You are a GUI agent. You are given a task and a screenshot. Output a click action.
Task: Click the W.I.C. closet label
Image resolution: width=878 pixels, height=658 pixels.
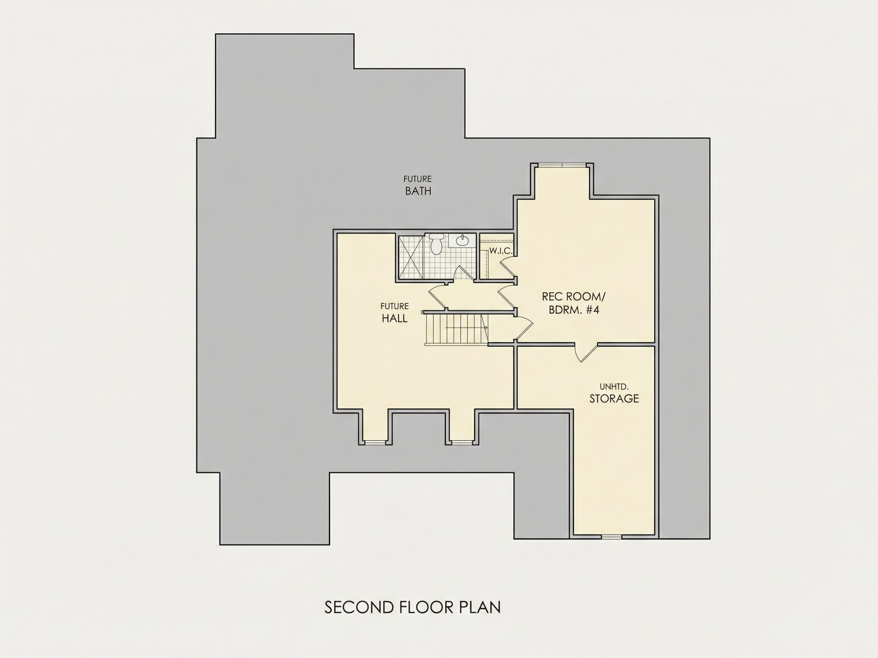click(500, 251)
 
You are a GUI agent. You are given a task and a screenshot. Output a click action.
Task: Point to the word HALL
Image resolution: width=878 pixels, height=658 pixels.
click(394, 318)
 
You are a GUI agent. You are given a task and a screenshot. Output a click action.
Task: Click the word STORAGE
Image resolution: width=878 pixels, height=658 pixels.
click(614, 399)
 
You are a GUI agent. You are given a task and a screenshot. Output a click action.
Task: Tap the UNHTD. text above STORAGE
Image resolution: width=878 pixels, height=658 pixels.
click(614, 387)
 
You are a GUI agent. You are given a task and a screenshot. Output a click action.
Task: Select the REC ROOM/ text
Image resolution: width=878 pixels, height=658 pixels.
click(574, 296)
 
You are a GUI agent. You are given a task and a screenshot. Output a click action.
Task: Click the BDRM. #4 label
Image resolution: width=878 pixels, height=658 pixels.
click(574, 309)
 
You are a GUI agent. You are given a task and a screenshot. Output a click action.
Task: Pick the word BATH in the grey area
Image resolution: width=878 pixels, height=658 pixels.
click(418, 191)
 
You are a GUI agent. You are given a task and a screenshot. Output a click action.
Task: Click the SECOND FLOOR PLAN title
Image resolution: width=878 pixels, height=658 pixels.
click(412, 607)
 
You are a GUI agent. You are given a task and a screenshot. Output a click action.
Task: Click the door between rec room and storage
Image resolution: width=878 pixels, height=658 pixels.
click(586, 352)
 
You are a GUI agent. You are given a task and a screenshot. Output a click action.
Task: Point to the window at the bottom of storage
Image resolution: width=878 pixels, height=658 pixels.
click(611, 537)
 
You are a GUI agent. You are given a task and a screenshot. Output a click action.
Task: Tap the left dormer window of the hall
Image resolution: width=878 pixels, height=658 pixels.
click(375, 442)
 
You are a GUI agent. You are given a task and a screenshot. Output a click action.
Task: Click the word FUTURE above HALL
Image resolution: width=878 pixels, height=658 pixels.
click(394, 306)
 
